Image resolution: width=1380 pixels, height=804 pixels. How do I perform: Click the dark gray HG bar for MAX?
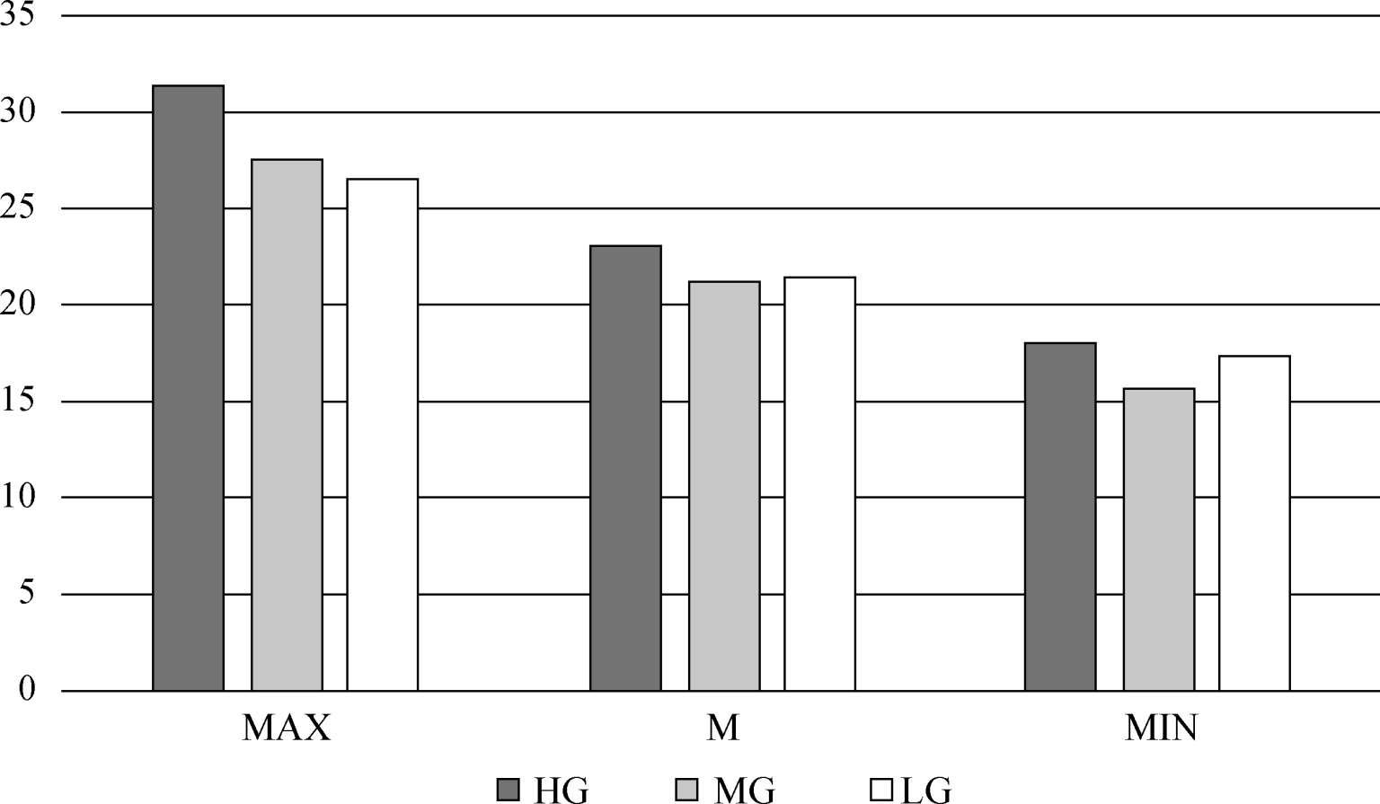pyautogui.click(x=188, y=388)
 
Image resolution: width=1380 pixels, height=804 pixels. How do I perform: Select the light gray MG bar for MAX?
pyautogui.click(x=287, y=425)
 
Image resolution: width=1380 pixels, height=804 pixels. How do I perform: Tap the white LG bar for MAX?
pyautogui.click(x=383, y=435)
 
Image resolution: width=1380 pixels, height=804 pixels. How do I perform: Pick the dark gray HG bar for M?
pyautogui.click(x=625, y=468)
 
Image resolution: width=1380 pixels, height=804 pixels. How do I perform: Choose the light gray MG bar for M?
pyautogui.click(x=724, y=486)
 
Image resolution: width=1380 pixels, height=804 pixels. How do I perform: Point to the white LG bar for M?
pyautogui.click(x=819, y=484)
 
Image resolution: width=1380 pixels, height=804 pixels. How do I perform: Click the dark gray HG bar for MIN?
pyautogui.click(x=1060, y=517)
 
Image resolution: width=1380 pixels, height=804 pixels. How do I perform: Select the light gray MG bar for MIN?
pyautogui.click(x=1159, y=539)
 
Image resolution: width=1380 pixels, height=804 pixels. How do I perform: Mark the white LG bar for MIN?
pyautogui.click(x=1254, y=524)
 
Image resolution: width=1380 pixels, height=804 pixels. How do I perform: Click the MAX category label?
pyautogui.click(x=287, y=728)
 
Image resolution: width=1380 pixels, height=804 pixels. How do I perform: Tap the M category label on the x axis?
pyautogui.click(x=723, y=728)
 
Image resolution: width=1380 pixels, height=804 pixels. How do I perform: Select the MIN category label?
pyautogui.click(x=1161, y=728)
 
